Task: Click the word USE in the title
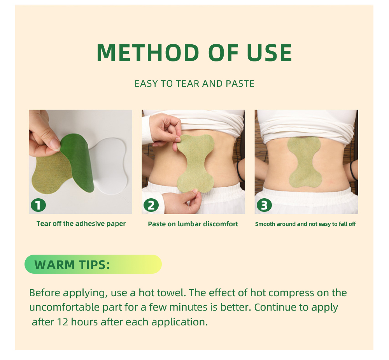(269, 54)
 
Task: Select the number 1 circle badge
(38, 205)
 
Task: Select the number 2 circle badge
(151, 205)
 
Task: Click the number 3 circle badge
(264, 205)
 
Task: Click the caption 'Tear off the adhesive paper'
(81, 224)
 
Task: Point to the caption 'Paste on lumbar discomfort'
(193, 224)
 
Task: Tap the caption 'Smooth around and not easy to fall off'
(305, 224)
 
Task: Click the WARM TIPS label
(72, 265)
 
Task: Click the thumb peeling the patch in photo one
(53, 144)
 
